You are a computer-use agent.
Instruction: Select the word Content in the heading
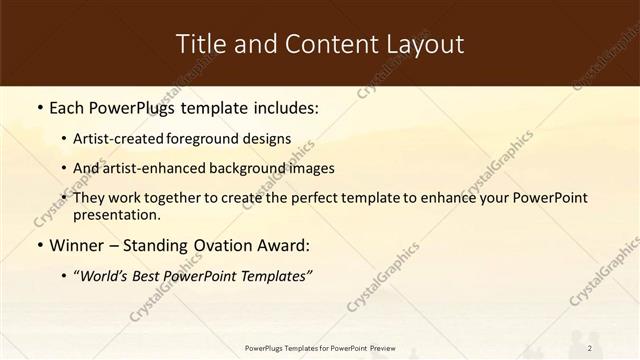coord(311,44)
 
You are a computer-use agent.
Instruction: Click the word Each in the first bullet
coord(68,105)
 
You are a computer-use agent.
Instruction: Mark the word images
coord(308,169)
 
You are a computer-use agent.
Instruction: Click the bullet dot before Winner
coord(39,245)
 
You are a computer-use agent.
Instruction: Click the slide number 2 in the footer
coord(590,348)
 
